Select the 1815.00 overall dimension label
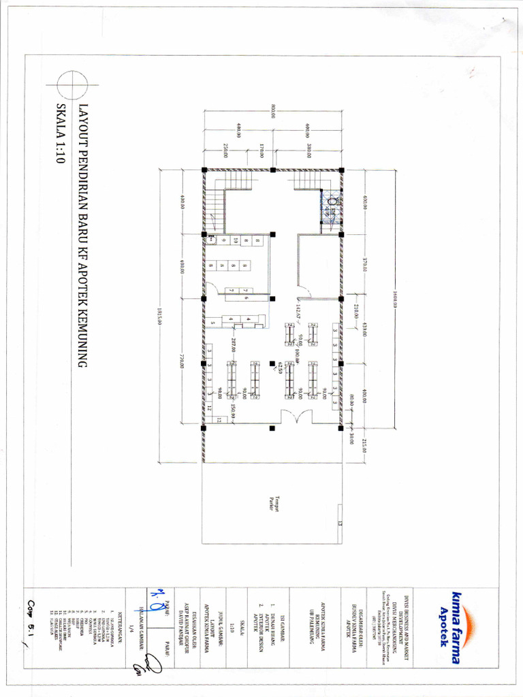point(159,315)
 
